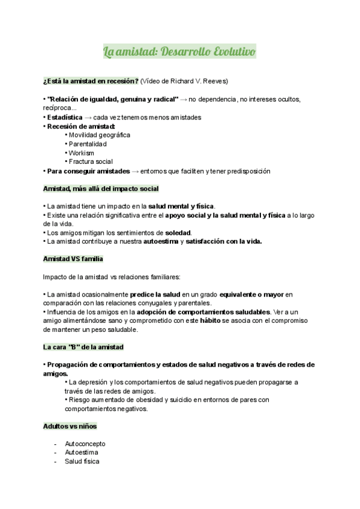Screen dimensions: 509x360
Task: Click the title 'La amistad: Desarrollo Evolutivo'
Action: click(179, 52)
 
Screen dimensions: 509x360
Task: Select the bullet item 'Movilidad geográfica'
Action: click(100, 135)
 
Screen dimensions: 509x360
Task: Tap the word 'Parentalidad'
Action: click(88, 144)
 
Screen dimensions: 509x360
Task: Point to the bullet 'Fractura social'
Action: click(91, 162)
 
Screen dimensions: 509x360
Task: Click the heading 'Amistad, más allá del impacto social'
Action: click(101, 188)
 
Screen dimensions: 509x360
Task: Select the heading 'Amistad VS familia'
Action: click(73, 259)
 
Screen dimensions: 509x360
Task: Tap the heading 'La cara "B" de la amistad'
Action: click(83, 347)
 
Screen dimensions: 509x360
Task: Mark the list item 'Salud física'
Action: click(82, 462)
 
